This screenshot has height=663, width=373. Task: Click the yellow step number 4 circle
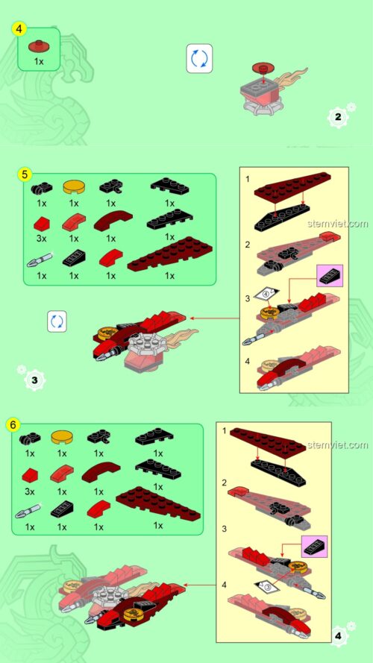tap(19, 29)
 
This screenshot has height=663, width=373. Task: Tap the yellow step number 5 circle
tap(25, 174)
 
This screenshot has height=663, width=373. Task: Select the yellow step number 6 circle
tap(13, 424)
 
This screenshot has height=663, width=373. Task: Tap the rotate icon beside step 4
tap(200, 59)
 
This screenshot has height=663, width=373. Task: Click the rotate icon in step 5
tap(57, 321)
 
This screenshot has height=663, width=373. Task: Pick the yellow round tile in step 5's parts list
tap(74, 186)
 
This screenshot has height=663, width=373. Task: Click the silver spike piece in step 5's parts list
tap(39, 260)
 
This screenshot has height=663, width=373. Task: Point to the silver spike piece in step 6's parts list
tap(28, 511)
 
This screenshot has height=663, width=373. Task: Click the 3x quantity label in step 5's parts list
tap(41, 239)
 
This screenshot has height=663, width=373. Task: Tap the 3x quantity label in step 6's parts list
tap(30, 491)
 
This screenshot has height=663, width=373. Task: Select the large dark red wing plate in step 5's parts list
tap(170, 254)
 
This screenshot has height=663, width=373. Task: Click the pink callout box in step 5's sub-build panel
tap(330, 276)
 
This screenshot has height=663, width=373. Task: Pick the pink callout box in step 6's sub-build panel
tap(314, 547)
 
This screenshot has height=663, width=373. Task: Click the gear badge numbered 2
tap(338, 116)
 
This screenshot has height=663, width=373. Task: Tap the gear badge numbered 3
tap(34, 380)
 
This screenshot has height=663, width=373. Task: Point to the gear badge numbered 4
tap(339, 635)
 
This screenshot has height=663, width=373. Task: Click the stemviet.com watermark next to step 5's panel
tap(338, 223)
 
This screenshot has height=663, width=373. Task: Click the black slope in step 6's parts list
tap(62, 509)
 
